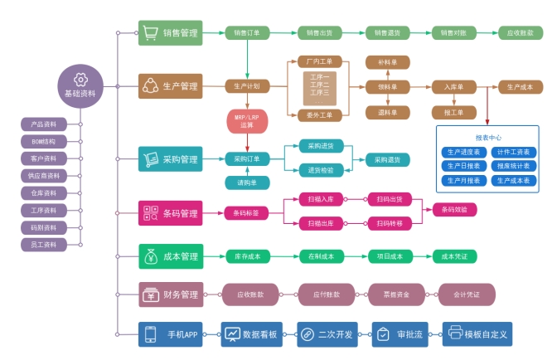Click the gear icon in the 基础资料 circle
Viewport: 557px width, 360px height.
80,79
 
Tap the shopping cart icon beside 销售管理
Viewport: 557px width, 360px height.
150,33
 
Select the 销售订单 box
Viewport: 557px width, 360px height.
247,33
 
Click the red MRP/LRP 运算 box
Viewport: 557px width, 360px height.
247,122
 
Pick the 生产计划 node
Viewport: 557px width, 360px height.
247,85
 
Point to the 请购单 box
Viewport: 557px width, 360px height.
247,182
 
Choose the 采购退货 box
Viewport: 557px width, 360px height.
387,159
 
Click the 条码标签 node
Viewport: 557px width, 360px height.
247,213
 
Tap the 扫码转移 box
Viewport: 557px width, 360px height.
390,223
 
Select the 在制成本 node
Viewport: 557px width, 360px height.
321,256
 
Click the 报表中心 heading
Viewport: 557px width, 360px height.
488,138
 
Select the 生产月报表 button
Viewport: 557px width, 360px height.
464,180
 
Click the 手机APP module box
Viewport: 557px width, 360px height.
172,334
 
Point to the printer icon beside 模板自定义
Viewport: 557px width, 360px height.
455,334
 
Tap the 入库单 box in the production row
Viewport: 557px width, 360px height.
453,85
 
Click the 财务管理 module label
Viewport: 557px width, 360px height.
171,294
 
